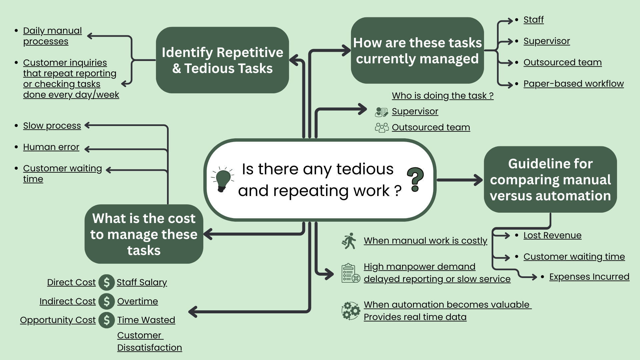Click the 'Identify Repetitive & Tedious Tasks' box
222,60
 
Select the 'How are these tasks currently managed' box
417,50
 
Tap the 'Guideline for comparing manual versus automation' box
550,179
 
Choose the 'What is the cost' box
144,234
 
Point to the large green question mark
415,179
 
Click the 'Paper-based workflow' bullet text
573,84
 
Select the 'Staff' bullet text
533,20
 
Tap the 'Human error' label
51,147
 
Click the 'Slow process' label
52,126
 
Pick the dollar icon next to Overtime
107,301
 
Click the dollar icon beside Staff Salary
107,283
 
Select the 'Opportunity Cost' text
58,320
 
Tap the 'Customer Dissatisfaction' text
149,341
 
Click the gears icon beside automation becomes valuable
350,311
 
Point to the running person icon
349,241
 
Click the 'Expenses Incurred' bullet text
589,277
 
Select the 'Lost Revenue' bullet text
552,235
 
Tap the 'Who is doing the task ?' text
442,96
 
